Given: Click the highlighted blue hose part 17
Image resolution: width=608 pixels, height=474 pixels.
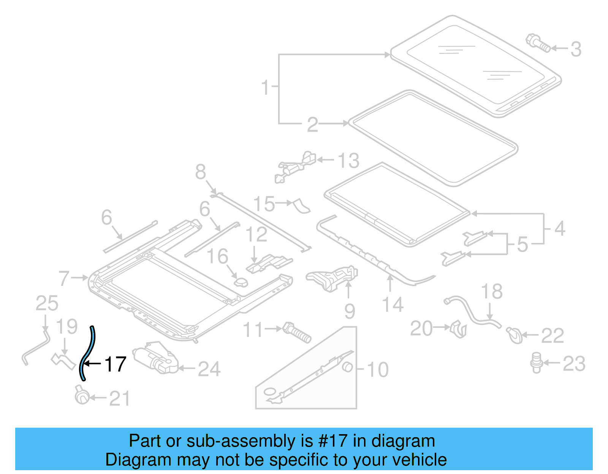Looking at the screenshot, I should pos(87,353).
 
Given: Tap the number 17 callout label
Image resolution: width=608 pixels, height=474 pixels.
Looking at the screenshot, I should pos(115,364).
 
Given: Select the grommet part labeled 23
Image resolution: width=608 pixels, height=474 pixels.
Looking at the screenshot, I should pos(536,362).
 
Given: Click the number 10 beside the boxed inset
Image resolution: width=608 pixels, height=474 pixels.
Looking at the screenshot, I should pos(377,370).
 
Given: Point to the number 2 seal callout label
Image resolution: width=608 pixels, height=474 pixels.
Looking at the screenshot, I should pos(312,124).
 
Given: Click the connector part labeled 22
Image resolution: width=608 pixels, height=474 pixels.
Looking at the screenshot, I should pos(514,335).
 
